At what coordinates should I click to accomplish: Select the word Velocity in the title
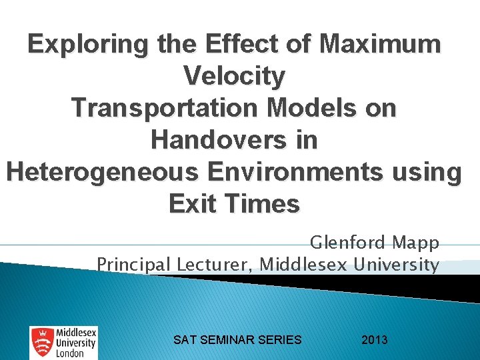click(234, 77)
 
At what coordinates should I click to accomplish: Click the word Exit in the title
click(194, 204)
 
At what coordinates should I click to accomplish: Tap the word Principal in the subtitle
click(133, 265)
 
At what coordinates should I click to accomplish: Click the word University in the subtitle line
click(398, 265)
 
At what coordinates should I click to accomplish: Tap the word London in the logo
click(69, 353)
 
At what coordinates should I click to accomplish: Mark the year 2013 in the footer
click(374, 340)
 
